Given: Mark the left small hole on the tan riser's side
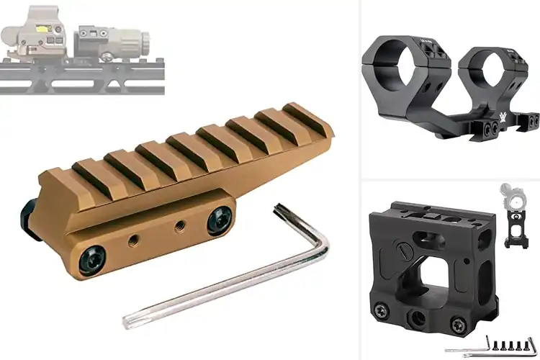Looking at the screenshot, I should coord(132,240).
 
